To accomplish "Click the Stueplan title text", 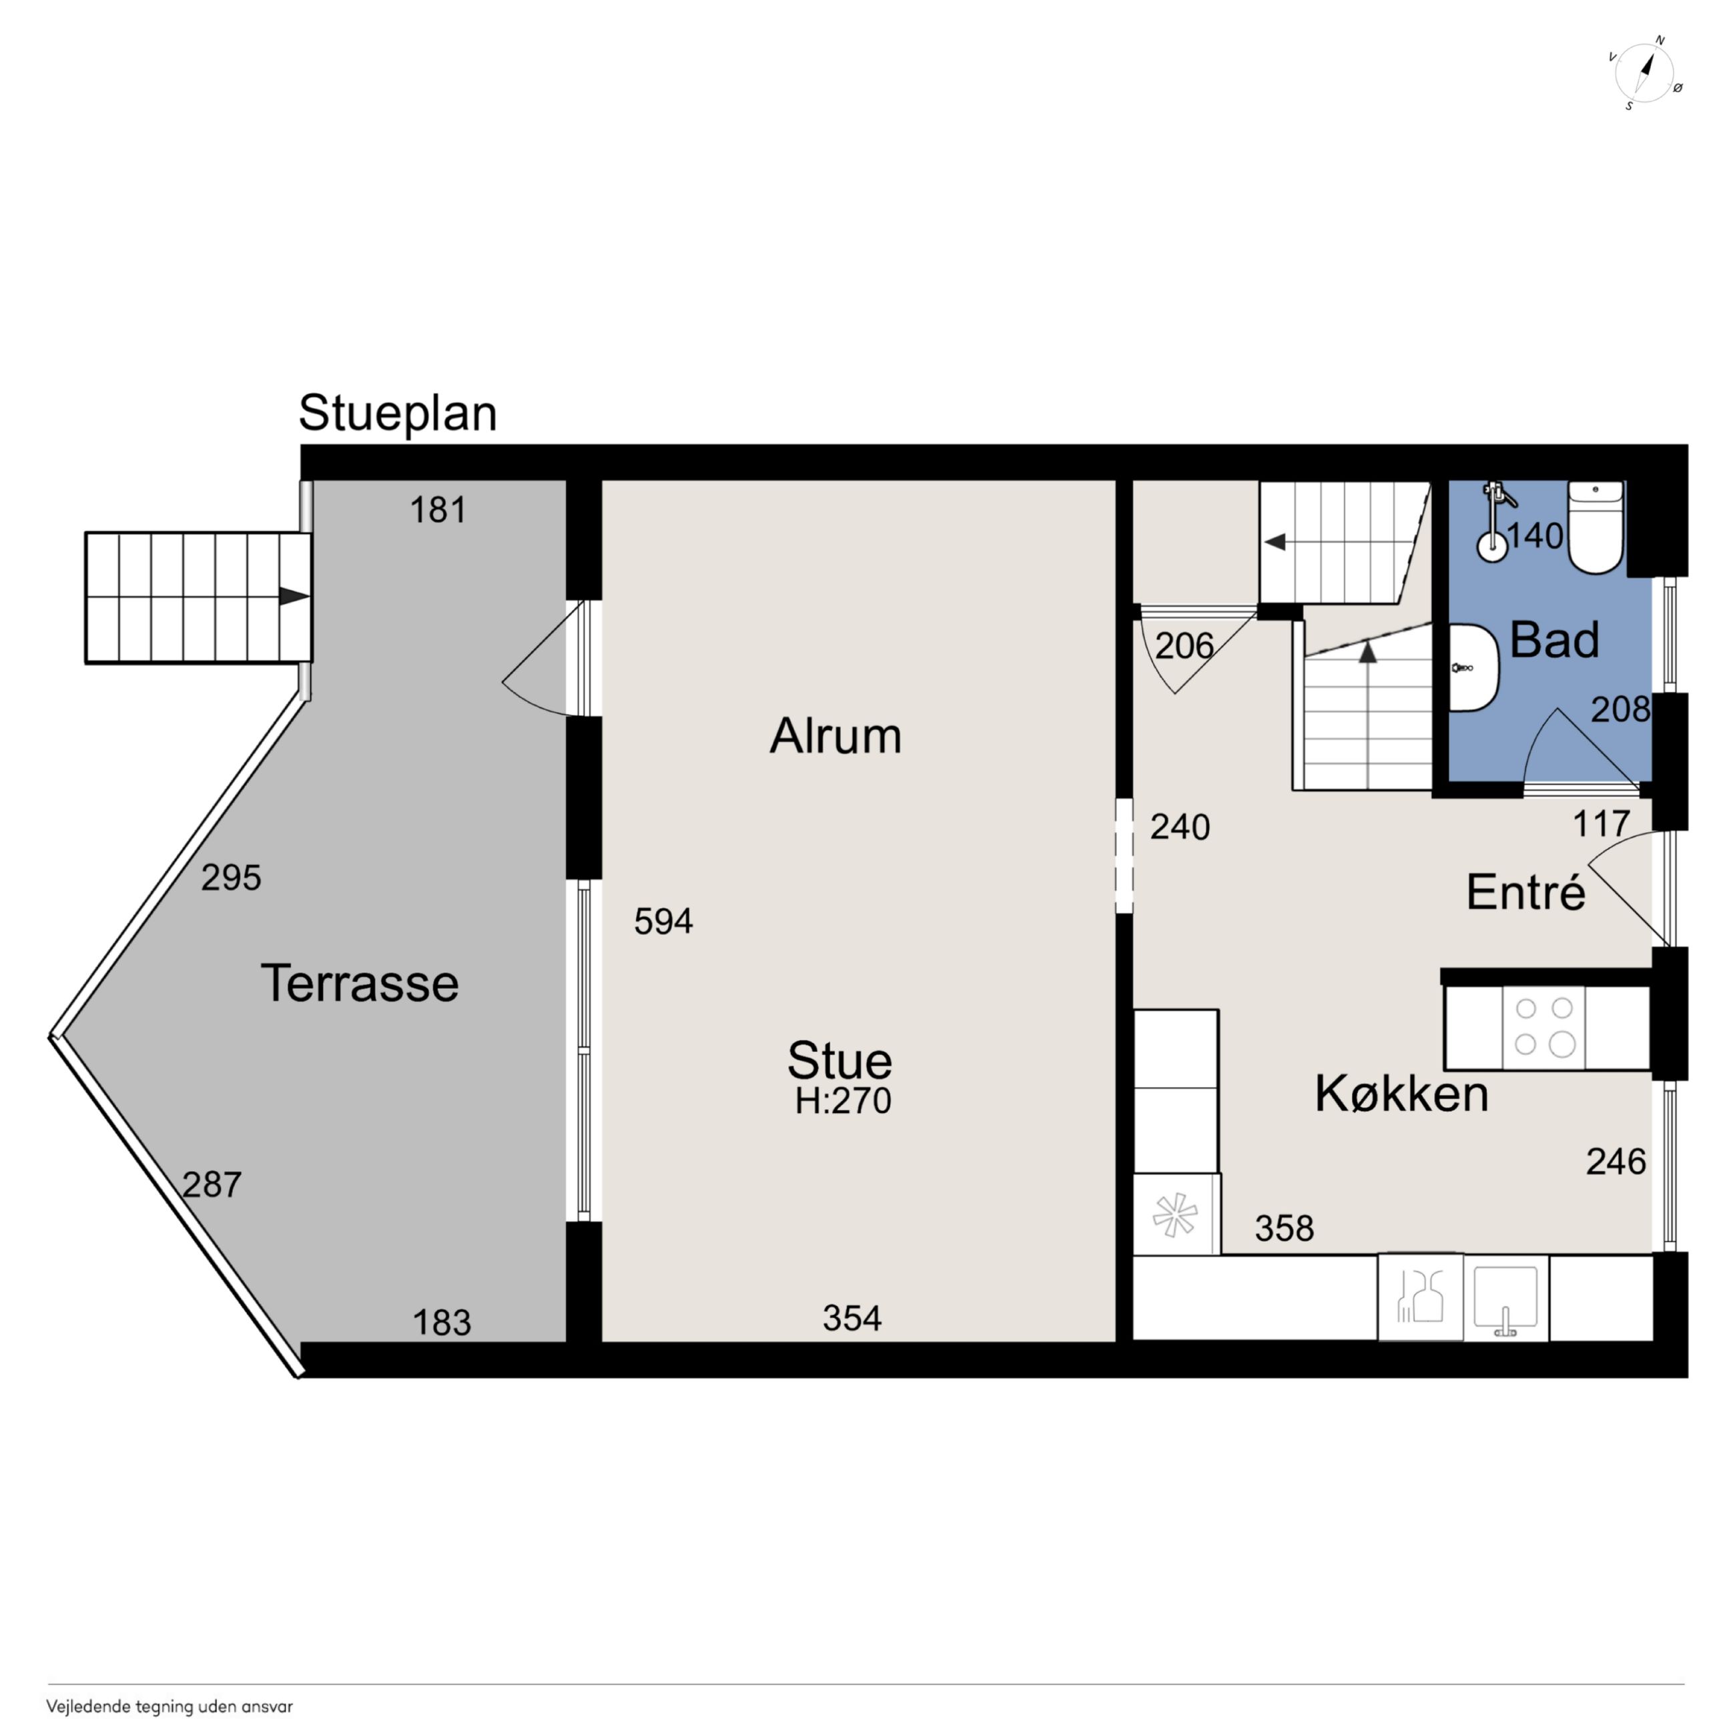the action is (397, 414).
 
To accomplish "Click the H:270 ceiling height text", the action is (842, 1101).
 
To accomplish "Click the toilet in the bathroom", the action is (1595, 527).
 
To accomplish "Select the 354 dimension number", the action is (852, 1319).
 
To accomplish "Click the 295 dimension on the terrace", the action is (231, 878).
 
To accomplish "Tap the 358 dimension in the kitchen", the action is (1284, 1229).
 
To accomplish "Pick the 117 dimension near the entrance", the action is (1601, 823).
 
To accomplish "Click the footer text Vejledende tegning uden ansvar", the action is (169, 1707).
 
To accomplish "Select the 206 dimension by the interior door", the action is (1184, 646).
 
